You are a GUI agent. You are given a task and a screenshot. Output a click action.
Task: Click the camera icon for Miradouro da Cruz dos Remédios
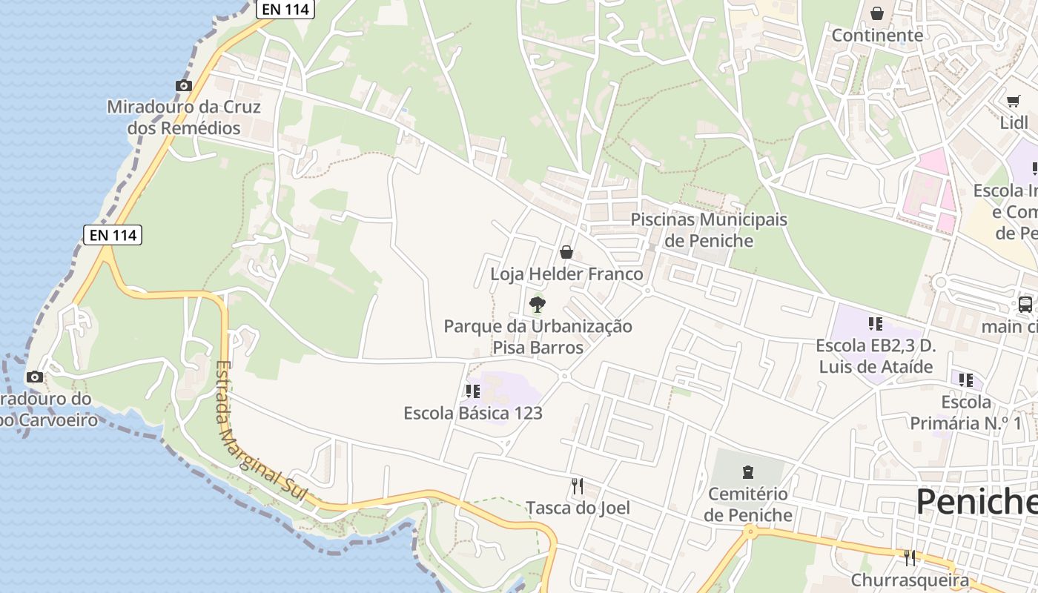click(184, 86)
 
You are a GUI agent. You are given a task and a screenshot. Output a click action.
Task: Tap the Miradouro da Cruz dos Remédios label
click(184, 118)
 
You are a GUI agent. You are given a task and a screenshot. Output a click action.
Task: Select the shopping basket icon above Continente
click(877, 13)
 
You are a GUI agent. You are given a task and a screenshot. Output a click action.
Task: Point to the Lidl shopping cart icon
click(1013, 102)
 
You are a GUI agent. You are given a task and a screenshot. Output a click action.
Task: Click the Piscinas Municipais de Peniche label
click(709, 230)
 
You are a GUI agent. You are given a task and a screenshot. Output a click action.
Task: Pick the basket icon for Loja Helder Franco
click(566, 252)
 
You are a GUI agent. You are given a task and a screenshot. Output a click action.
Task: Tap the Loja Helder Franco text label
click(566, 274)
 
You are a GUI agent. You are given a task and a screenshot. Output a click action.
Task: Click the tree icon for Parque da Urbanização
click(538, 304)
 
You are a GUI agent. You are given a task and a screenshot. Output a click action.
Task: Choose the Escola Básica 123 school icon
click(472, 391)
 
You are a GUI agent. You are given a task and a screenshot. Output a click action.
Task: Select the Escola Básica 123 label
click(473, 413)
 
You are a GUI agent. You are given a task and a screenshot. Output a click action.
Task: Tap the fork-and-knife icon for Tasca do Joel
click(578, 486)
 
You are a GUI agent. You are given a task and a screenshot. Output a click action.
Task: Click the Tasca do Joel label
click(578, 508)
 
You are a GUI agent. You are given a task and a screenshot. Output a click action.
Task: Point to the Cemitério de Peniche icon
click(747, 471)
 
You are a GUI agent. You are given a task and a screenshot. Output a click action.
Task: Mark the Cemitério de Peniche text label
click(747, 504)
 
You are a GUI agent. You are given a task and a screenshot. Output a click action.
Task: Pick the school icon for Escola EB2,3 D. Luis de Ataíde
click(876, 324)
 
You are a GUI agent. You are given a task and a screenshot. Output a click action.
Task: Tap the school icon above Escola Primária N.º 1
click(966, 380)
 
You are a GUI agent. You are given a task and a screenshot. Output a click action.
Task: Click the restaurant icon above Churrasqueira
click(910, 557)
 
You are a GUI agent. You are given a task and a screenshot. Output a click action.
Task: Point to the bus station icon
click(1025, 304)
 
